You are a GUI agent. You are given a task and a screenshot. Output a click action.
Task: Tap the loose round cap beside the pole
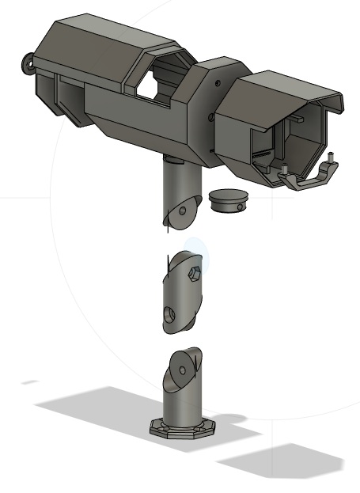227,200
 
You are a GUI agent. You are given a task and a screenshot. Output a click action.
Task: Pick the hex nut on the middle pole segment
192,273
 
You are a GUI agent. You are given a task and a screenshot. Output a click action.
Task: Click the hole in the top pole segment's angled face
183,211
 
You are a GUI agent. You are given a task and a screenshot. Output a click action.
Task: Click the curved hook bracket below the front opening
309,181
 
